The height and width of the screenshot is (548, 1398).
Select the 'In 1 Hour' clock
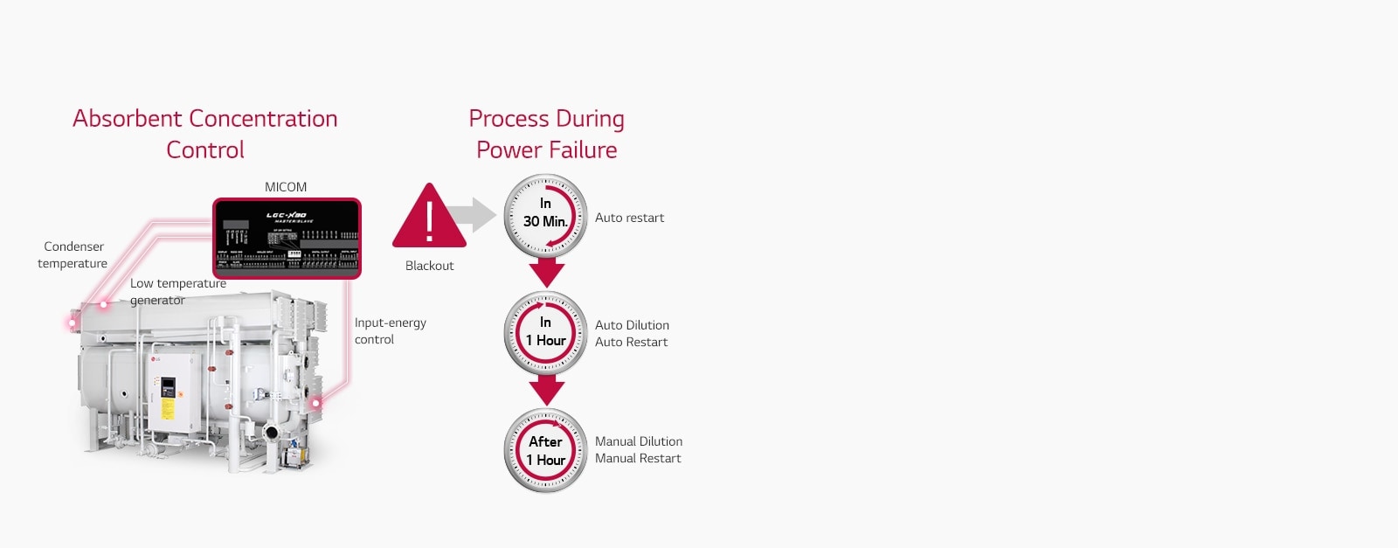[545, 332]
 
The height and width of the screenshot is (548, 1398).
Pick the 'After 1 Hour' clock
[545, 451]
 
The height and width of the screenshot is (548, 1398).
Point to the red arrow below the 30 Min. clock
[547, 272]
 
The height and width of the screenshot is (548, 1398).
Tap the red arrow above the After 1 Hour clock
[547, 390]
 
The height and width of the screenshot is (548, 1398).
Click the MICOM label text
[286, 187]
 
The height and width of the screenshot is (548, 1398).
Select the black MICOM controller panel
[287, 237]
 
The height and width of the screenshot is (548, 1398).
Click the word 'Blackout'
[429, 266]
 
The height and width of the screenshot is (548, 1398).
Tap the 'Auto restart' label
[629, 218]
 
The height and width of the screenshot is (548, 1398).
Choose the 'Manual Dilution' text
[639, 441]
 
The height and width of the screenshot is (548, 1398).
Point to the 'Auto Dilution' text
[632, 325]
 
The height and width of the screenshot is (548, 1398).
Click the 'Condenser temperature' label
[73, 255]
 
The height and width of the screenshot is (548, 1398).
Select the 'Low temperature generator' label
[177, 292]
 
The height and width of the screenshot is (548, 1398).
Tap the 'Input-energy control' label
[390, 331]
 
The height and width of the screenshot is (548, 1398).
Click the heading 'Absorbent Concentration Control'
[205, 134]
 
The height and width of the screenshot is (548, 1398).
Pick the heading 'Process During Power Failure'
[546, 134]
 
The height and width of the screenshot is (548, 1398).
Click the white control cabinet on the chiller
[171, 391]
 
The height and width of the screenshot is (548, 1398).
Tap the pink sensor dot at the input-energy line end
[316, 403]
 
